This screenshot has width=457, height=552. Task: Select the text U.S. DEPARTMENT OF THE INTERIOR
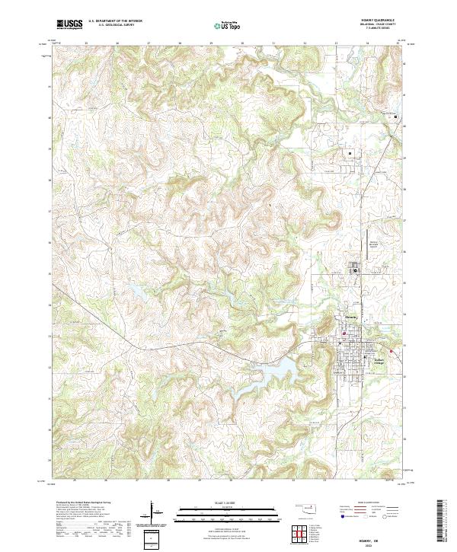(116, 22)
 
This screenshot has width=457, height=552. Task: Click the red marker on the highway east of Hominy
(391, 351)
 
